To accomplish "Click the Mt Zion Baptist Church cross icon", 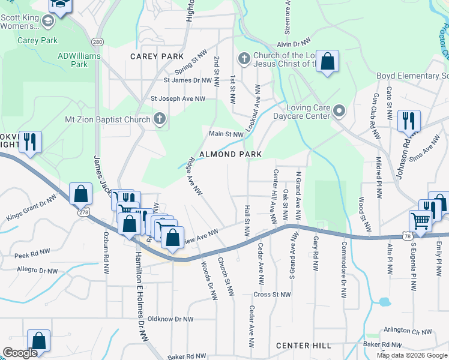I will (160, 119).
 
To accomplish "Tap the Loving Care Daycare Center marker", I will (340, 110).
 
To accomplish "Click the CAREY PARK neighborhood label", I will (157, 56).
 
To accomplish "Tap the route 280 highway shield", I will (97, 41).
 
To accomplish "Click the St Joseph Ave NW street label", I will (178, 98).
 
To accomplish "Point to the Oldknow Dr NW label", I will (170, 319).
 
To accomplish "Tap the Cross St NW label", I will (272, 295).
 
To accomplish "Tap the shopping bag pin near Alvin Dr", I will (327, 61).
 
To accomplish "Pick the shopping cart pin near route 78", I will (421, 221).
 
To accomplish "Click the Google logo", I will (20, 353).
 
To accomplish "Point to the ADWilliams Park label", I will (79, 60).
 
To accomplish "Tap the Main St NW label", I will (226, 134).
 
